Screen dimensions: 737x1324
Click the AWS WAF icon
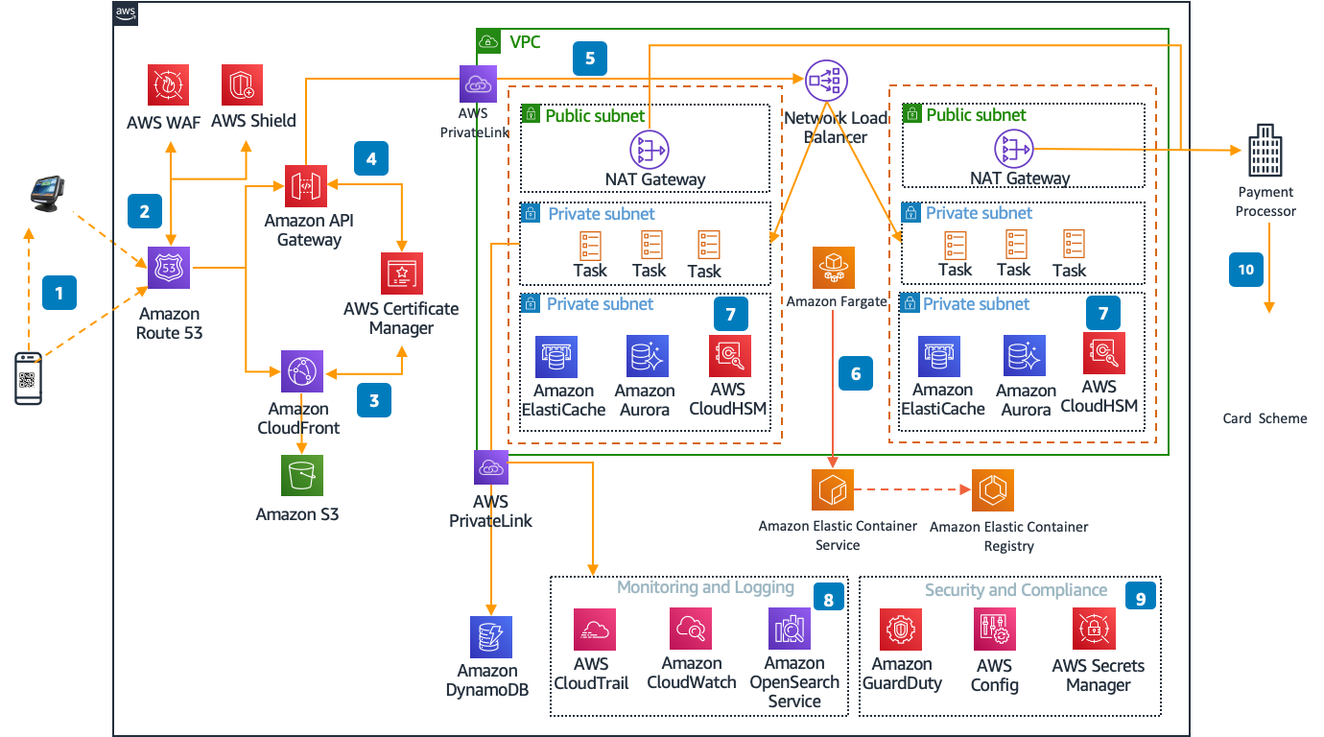169,84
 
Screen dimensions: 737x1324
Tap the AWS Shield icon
243,84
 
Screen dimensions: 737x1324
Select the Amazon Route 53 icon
169,268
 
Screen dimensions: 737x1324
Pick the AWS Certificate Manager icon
401,273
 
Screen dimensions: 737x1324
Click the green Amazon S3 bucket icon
302,475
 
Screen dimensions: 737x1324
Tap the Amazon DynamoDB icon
491,636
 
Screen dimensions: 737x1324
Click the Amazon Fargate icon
834,268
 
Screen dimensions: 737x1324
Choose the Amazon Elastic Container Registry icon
993,490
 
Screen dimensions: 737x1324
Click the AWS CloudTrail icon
594,630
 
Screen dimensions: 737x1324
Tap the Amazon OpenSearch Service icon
790,629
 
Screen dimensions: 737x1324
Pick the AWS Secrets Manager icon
1093,630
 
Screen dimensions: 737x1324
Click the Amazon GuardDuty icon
901,630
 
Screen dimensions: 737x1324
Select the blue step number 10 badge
1246,271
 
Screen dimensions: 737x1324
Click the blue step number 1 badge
59,292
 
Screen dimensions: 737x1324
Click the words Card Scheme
1265,418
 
